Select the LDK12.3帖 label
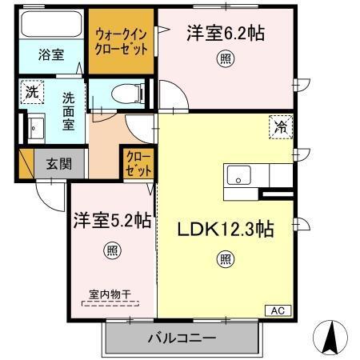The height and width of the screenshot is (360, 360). click(226, 230)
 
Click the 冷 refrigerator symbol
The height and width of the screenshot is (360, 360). click(281, 126)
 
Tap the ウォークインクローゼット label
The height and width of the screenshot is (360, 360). click(121, 41)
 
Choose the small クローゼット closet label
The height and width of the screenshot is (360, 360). click(134, 166)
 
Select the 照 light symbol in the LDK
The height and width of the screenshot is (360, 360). click(226, 259)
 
